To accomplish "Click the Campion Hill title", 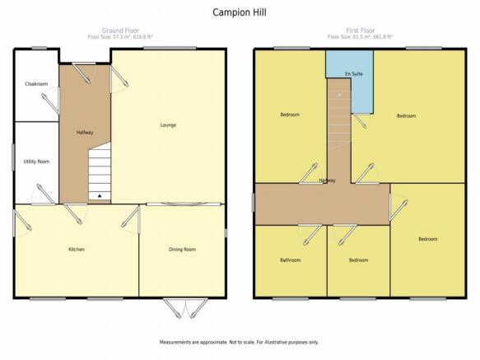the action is [240, 12].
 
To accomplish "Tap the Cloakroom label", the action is [36, 84].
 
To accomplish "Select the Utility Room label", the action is [36, 161].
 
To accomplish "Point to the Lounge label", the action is [168, 125].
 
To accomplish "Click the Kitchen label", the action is [77, 250].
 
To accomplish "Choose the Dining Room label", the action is [182, 250].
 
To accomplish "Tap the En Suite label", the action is [353, 74].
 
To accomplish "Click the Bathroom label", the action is [290, 260].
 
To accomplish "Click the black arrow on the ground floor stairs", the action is [100, 195].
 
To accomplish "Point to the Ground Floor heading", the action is [120, 30].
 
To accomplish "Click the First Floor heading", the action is [361, 30].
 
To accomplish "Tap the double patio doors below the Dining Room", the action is [185, 308].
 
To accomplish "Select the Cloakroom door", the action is [50, 101].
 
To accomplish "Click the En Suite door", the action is [359, 120].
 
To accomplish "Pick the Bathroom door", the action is [313, 235].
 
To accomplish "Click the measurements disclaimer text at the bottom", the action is [239, 342].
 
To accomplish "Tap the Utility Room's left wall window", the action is [13, 157].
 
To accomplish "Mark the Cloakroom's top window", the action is [40, 48].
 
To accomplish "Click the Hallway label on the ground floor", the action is [85, 133].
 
